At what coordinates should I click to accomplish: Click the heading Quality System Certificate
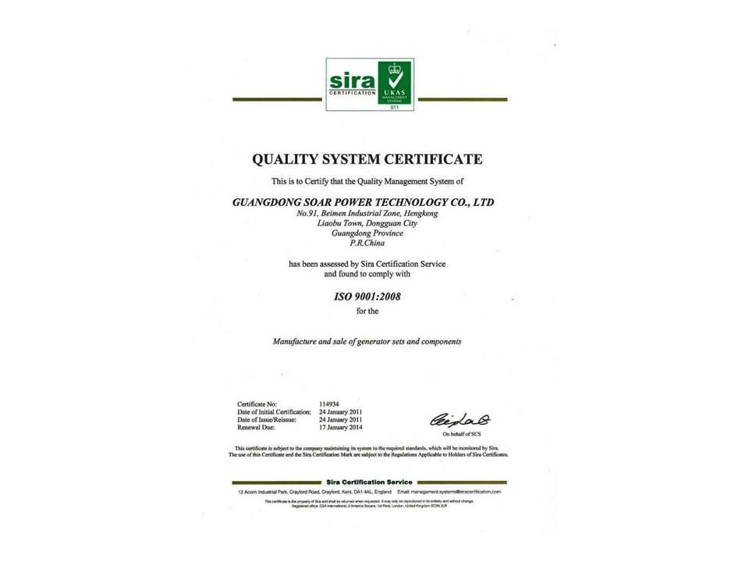[x=367, y=160]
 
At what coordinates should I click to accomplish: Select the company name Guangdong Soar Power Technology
[x=364, y=201]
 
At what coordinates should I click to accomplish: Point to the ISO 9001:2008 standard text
[x=367, y=297]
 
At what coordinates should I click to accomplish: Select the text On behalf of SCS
[x=463, y=434]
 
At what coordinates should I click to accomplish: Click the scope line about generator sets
[x=367, y=341]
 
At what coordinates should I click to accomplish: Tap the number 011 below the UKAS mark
[x=394, y=106]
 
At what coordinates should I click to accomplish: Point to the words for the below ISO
[x=366, y=312]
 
